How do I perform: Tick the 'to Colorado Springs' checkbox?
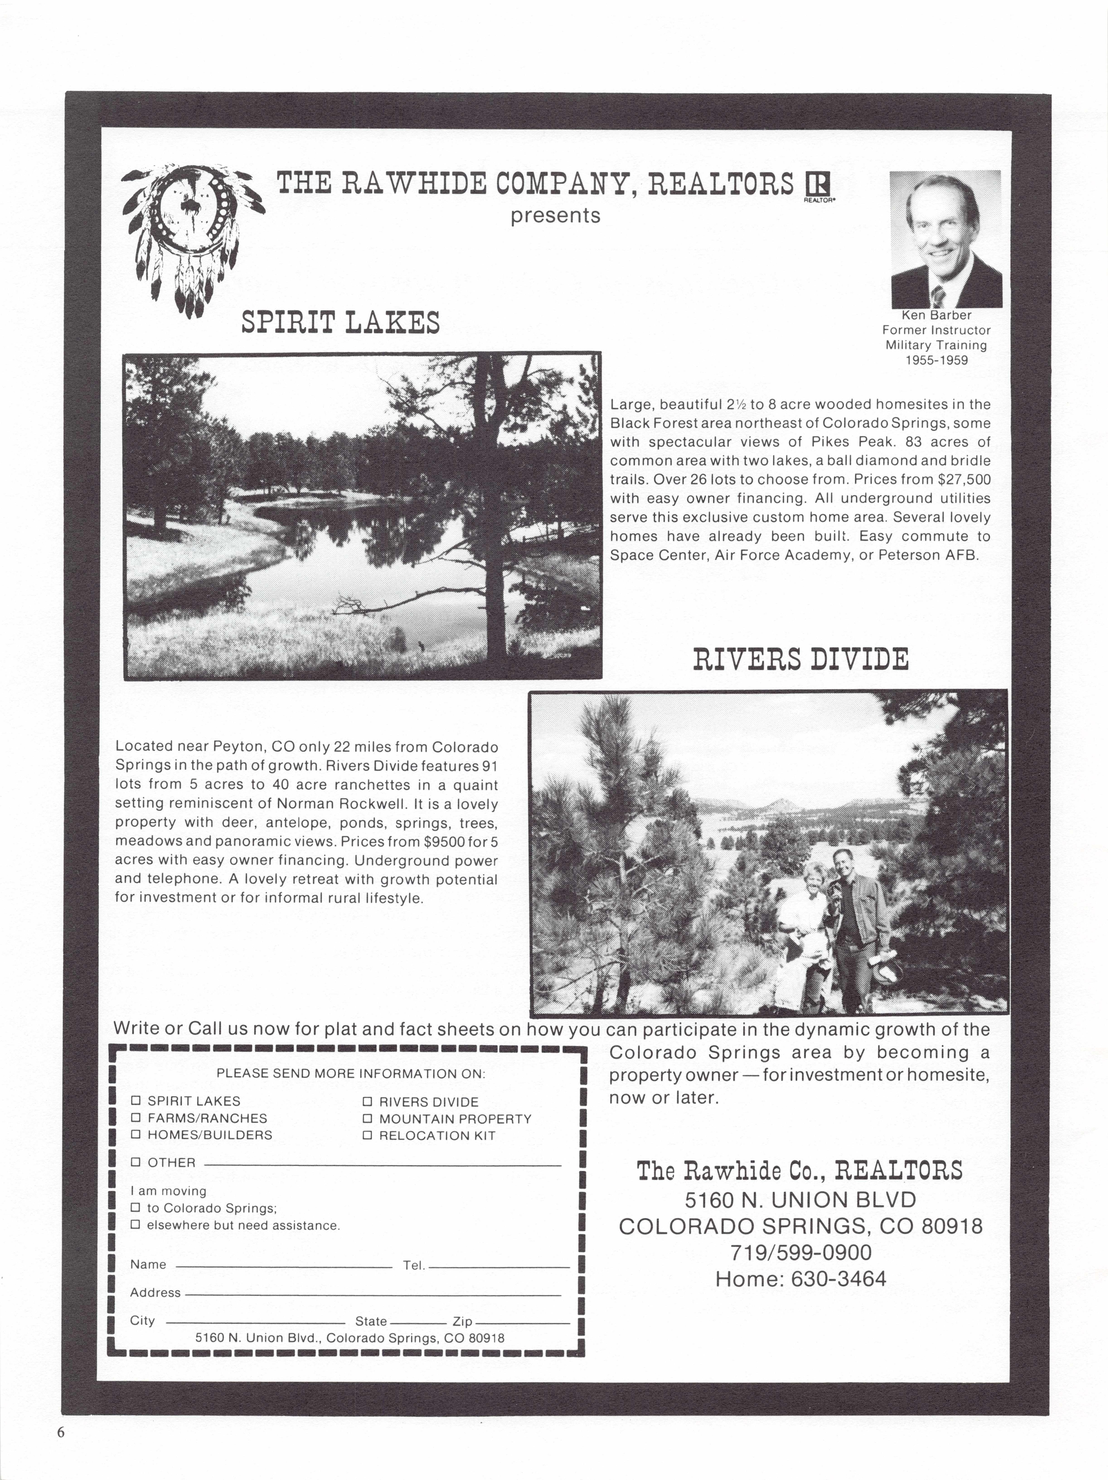click(135, 1208)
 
